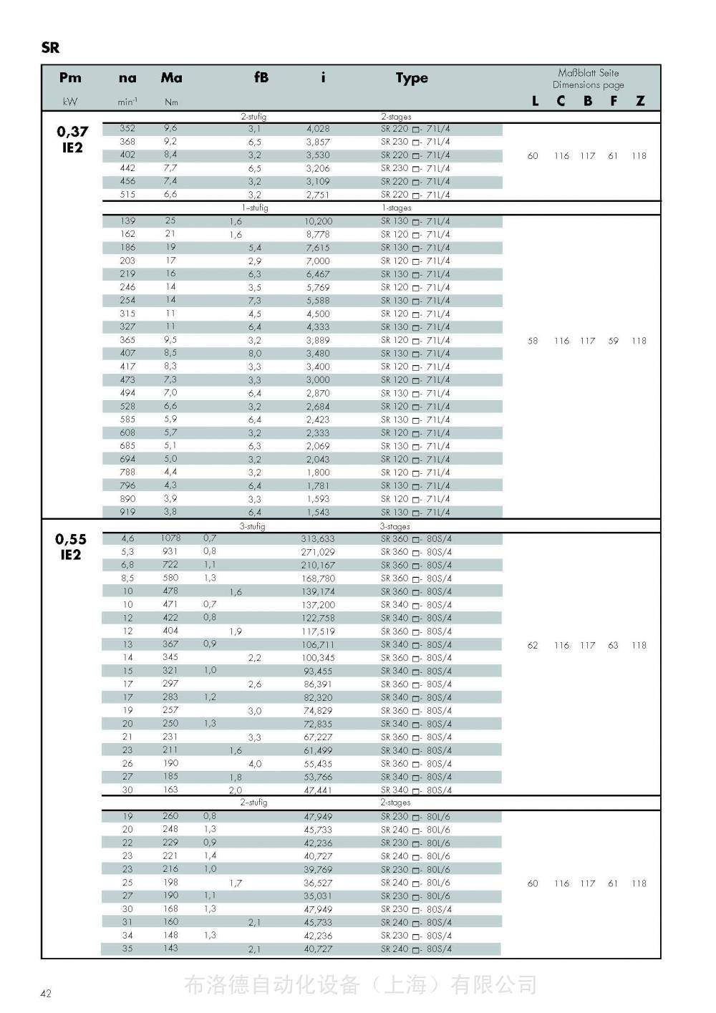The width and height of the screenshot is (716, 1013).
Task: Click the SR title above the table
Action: [x=50, y=48]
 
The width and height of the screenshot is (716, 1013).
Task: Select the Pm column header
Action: [x=70, y=78]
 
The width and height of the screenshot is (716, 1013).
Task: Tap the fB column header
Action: [x=261, y=77]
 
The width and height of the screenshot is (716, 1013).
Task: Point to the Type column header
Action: [x=412, y=78]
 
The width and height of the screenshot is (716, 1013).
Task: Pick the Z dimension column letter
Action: [x=640, y=101]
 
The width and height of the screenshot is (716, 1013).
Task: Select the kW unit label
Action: [x=70, y=102]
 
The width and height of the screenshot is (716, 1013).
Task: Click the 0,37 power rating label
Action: [x=72, y=132]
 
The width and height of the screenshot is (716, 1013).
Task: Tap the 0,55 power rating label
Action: [x=71, y=540]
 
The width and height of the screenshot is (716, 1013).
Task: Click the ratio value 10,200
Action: [x=319, y=221]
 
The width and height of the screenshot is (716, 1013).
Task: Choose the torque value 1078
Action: [x=170, y=538]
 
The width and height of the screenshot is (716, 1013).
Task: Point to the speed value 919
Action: [x=127, y=512]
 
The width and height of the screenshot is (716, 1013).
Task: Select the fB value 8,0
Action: [x=255, y=353]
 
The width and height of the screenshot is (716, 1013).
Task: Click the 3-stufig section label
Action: [x=252, y=526]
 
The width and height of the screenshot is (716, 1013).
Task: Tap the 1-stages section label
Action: [x=396, y=208]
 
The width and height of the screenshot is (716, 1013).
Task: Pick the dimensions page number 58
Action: [x=533, y=341]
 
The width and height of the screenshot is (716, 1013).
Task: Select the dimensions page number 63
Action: [x=613, y=645]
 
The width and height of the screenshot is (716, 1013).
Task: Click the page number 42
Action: [x=46, y=993]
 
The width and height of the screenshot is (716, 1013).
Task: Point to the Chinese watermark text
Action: [x=360, y=985]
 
